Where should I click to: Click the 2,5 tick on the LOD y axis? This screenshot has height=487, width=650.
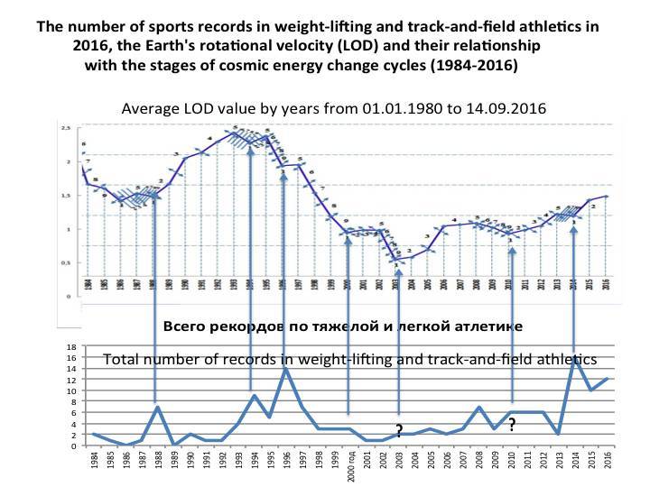tap(65, 128)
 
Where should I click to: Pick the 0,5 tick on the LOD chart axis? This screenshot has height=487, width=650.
tap(65, 262)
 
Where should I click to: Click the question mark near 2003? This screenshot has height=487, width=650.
tap(398, 430)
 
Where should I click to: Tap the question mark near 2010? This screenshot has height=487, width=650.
tap(511, 424)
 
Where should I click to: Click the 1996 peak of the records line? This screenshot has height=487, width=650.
tap(285, 368)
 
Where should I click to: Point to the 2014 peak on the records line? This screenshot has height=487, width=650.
tap(575, 360)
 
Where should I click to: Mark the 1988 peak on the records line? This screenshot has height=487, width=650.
tap(157, 407)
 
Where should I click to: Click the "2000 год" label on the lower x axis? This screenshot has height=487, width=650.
tap(350, 464)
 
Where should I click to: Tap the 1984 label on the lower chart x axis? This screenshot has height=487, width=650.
tap(94, 460)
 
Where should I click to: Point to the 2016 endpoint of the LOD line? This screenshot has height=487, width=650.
tap(607, 196)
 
